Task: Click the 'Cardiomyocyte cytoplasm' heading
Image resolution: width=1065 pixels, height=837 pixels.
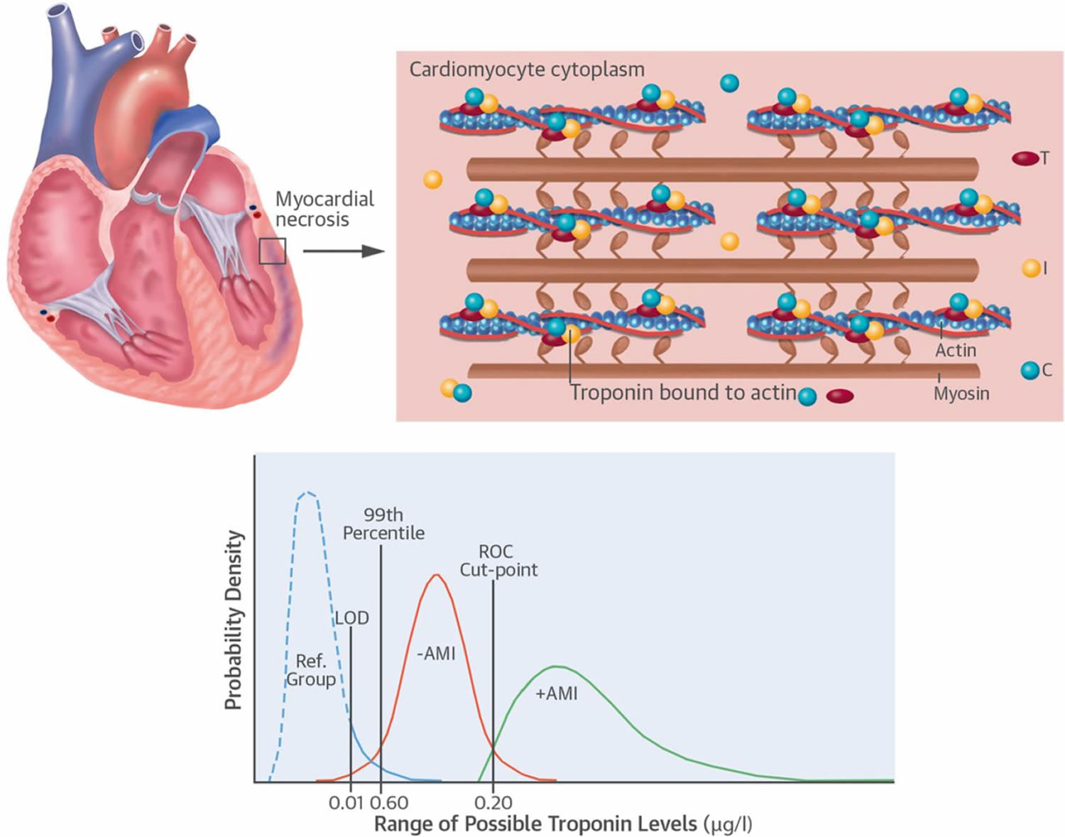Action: tap(527, 70)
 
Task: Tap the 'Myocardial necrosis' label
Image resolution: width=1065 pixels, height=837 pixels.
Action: tap(324, 209)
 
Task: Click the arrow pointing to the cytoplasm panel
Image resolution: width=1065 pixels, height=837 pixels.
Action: tap(344, 251)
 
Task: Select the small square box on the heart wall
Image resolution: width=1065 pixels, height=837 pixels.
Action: tap(272, 251)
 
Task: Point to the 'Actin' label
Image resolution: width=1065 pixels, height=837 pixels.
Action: tap(955, 350)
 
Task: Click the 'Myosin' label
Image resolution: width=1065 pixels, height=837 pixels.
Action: tap(961, 393)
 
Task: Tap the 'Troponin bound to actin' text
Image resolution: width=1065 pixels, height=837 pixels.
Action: tap(683, 393)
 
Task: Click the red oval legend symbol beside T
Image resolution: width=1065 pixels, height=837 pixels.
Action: tap(1025, 158)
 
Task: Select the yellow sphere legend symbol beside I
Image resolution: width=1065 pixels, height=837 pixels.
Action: tap(1031, 268)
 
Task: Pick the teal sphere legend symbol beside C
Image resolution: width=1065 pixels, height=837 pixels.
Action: tap(1029, 370)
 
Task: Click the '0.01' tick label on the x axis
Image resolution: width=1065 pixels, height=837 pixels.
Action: tap(346, 803)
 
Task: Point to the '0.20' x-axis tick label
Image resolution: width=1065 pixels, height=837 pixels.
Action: tap(493, 803)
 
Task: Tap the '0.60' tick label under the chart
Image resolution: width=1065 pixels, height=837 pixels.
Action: tap(389, 803)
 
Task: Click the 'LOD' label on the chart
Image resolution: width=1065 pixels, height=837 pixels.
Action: tap(352, 618)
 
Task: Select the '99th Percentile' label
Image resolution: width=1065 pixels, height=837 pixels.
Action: tap(383, 524)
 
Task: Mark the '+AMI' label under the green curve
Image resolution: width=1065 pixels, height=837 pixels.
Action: tap(556, 694)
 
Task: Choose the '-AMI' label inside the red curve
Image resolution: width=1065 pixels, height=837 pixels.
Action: tap(436, 653)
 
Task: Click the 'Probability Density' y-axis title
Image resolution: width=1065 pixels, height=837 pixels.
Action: tap(234, 620)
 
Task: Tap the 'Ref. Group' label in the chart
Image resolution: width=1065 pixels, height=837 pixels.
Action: tap(311, 670)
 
